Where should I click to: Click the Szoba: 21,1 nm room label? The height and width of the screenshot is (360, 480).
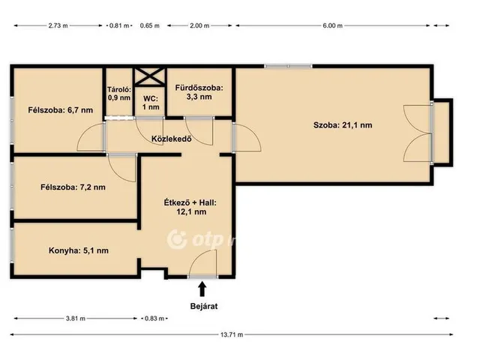point(343,125)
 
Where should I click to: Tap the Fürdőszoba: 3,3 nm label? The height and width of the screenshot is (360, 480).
point(199,92)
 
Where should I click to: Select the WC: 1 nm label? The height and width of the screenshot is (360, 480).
point(151,103)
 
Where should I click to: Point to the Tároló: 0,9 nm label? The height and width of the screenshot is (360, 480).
point(119,93)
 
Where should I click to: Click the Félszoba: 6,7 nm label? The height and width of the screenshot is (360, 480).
point(61,110)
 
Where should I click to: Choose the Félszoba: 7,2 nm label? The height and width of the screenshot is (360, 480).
point(73,187)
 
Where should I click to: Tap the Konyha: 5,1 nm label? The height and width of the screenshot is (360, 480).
point(78,250)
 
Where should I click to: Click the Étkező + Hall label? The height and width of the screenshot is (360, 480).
point(190,202)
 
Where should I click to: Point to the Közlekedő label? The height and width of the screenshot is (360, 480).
point(172,139)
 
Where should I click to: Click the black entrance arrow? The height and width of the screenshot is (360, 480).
point(202,289)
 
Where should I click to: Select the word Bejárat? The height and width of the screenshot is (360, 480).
point(204,306)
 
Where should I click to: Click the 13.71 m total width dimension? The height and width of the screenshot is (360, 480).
point(232,334)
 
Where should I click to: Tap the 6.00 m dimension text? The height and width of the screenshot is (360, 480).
point(332,25)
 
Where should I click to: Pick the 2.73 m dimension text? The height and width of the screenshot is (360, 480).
point(58,25)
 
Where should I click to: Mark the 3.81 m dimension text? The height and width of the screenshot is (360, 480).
point(76,318)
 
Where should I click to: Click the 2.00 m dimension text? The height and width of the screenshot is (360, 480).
point(199,25)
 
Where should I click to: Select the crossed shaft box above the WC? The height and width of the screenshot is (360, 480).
point(150,76)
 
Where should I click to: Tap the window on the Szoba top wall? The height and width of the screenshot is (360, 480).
point(288,66)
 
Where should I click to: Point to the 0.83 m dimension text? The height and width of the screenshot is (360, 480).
point(154,318)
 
